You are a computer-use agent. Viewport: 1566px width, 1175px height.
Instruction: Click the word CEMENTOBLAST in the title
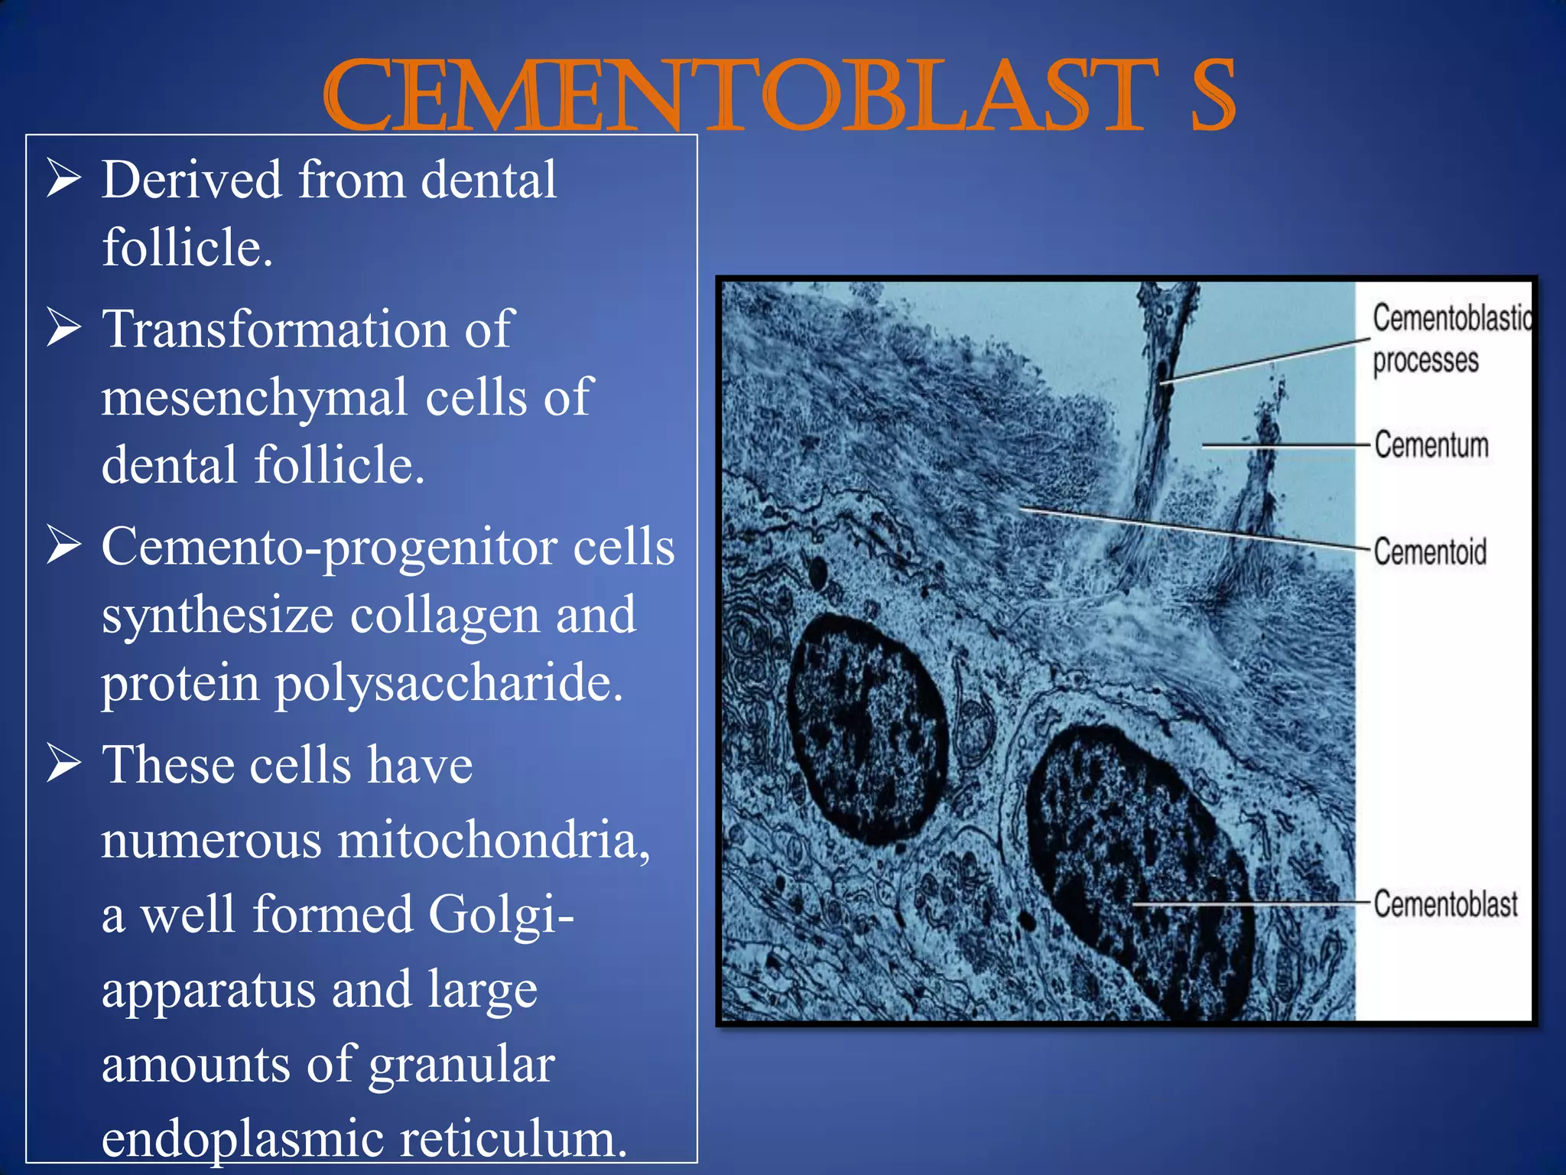tap(738, 96)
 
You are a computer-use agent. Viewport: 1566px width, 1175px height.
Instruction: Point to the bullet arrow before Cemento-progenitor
tap(63, 545)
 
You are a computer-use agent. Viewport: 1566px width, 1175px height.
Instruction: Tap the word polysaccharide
tap(449, 682)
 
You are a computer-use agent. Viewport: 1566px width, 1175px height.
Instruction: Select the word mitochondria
tap(493, 839)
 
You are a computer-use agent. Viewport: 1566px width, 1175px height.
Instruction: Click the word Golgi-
tap(501, 914)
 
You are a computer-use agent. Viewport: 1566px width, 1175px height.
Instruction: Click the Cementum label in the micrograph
tap(1431, 444)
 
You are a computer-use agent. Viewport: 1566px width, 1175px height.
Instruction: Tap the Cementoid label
tap(1429, 551)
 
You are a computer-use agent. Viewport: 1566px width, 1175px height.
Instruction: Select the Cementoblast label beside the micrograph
tap(1444, 903)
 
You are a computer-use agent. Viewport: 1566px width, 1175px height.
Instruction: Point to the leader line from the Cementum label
tap(1285, 444)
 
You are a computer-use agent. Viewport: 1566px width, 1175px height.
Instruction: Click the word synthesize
tap(217, 616)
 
